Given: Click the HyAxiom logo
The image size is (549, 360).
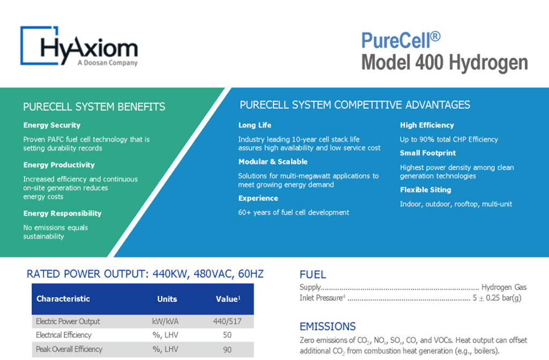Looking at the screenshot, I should [79, 47].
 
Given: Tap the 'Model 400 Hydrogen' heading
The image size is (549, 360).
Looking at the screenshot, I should [444, 63].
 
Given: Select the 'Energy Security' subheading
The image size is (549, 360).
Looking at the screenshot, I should [52, 125].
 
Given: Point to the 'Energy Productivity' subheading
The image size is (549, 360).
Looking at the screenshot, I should [59, 165].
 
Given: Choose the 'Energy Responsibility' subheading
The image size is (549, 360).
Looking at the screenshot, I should [62, 213].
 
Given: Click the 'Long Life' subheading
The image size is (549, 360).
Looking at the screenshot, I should [255, 125].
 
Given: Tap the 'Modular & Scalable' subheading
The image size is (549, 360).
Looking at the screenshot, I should [273, 162].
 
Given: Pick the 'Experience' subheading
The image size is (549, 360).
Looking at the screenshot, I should [258, 198].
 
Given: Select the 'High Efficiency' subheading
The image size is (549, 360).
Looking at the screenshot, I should [427, 125].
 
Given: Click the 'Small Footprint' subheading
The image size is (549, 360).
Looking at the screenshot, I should [428, 153].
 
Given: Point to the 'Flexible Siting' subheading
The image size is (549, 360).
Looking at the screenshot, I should [425, 190].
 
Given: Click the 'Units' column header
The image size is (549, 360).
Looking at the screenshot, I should [167, 299].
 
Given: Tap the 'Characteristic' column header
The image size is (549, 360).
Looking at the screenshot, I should [63, 299].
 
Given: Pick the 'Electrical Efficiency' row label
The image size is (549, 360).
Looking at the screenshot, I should [64, 335].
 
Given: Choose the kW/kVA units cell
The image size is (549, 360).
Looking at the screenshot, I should [167, 321].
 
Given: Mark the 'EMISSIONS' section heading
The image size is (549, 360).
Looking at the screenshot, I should [328, 326].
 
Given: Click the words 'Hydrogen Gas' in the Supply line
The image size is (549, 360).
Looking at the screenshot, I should [504, 288].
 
